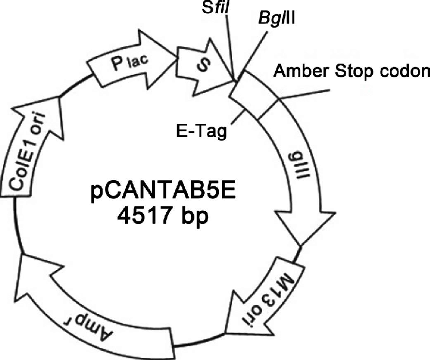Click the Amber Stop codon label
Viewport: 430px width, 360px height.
tap(351, 72)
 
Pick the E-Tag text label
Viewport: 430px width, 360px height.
tap(200, 131)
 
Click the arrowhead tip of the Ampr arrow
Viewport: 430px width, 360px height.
tap(21, 256)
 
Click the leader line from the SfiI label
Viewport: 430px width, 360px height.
tap(230, 46)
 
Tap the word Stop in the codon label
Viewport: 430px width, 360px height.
tap(350, 72)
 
